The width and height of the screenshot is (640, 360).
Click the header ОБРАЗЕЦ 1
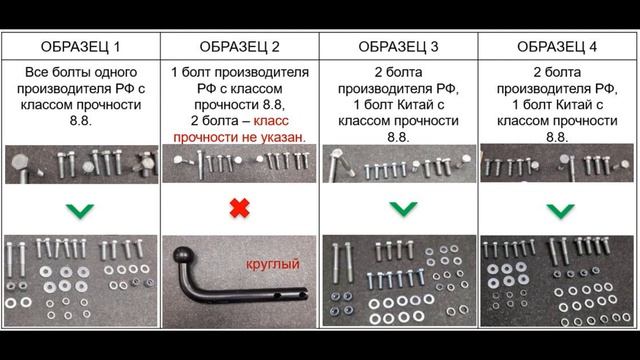[x=83, y=47]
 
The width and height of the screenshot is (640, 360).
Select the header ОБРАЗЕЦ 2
[x=240, y=47]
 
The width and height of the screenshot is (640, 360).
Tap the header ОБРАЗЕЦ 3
[x=399, y=47]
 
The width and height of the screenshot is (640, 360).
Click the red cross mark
[x=240, y=210]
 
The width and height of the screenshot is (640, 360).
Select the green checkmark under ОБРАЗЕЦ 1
[x=83, y=210]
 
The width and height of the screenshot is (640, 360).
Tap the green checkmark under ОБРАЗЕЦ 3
[x=399, y=210]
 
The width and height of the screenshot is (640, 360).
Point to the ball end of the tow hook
[x=185, y=258]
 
